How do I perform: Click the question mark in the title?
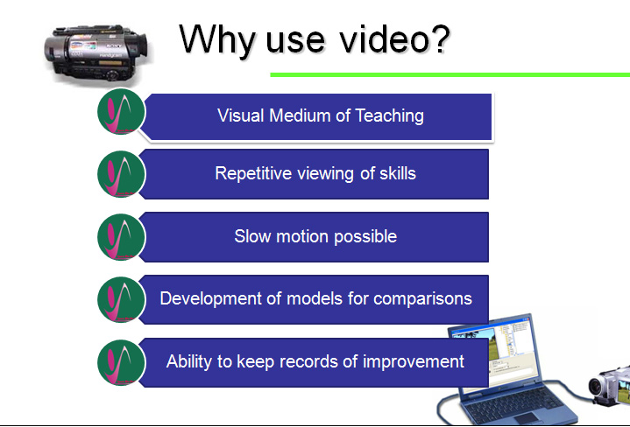(x=441, y=39)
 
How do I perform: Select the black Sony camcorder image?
(x=96, y=53)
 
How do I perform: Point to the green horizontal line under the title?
(x=450, y=74)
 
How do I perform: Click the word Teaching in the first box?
(x=389, y=116)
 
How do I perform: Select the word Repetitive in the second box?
(x=253, y=174)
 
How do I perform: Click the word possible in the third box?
(x=365, y=237)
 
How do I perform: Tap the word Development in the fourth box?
(x=211, y=299)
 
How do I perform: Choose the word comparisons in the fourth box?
(x=422, y=299)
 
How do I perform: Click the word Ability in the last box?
(x=189, y=362)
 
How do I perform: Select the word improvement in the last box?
(x=414, y=362)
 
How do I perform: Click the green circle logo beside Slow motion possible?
(x=121, y=237)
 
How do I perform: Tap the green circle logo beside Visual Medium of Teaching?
(x=121, y=112)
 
